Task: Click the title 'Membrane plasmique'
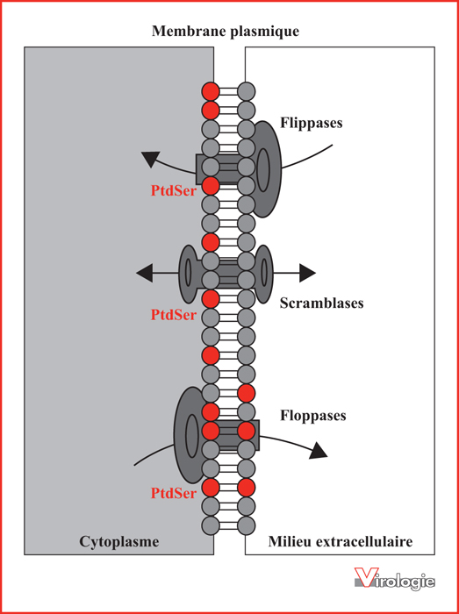tap(226, 31)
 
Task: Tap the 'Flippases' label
tap(312, 123)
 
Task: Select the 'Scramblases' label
tap(321, 303)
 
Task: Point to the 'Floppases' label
tap(313, 416)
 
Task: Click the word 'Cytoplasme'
tap(119, 542)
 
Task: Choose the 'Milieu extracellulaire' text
tap(341, 542)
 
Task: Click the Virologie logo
tap(395, 578)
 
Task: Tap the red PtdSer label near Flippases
tap(173, 191)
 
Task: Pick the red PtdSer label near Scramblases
tap(173, 314)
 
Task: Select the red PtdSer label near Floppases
tap(173, 493)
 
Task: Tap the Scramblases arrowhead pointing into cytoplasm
tap(144, 273)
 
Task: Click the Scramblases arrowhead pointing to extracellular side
tap(307, 273)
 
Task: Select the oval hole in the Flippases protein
tap(263, 170)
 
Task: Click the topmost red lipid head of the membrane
tap(211, 91)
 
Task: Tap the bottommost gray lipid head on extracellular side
tap(247, 524)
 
